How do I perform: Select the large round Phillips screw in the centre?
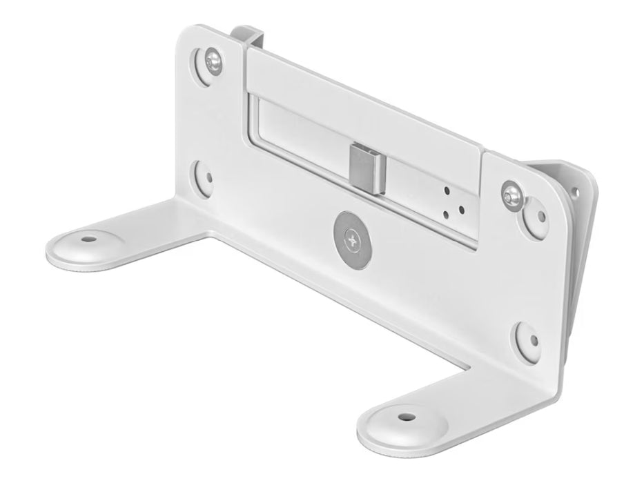353,239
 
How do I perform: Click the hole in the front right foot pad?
402,417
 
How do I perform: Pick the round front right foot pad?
401,421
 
